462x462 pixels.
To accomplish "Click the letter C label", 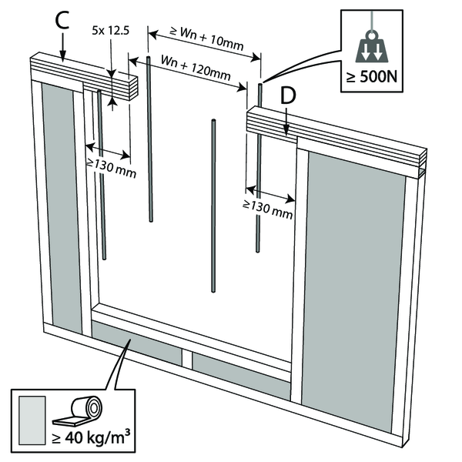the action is [x=62, y=21].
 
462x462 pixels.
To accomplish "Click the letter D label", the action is [x=288, y=96].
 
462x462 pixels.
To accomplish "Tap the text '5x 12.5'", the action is [x=110, y=31].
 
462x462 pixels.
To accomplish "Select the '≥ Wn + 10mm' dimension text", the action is [x=207, y=38].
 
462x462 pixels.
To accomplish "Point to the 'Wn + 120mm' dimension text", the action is [x=196, y=68].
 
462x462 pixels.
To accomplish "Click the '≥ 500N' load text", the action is [x=372, y=77].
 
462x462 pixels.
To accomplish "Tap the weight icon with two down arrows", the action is [x=372, y=47].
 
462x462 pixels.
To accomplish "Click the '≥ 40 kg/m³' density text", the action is [x=91, y=437].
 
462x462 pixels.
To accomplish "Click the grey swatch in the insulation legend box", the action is [x=32, y=420].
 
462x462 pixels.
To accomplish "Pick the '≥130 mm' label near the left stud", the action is [x=111, y=168].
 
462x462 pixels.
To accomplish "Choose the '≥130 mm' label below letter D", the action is [x=268, y=209].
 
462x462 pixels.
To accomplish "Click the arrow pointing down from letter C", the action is [x=63, y=47].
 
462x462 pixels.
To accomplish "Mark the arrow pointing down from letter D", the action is [x=286, y=122].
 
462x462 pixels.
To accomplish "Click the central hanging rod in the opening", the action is [x=213, y=206].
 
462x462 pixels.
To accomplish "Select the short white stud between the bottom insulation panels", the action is [x=187, y=358].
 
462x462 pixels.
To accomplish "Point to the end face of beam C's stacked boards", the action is [x=133, y=88].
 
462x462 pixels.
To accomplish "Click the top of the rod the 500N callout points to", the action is [x=260, y=85].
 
